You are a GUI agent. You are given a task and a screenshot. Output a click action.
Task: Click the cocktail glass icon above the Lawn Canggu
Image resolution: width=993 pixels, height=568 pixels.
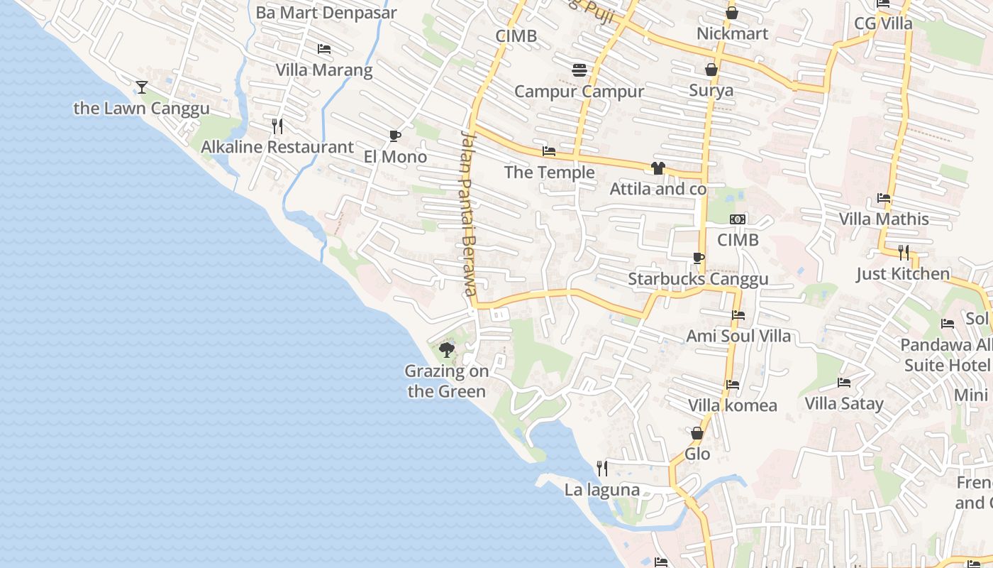pyautogui.click(x=142, y=87)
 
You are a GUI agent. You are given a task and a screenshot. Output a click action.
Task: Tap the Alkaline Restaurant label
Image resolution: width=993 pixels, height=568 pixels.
pyautogui.click(x=277, y=147)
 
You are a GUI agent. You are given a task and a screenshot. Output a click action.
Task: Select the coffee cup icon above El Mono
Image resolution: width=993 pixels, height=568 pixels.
pyautogui.click(x=395, y=136)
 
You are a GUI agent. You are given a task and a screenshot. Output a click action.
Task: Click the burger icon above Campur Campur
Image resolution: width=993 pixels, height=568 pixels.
pyautogui.click(x=579, y=70)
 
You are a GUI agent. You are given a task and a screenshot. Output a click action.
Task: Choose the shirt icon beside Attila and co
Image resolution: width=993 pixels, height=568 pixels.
pyautogui.click(x=658, y=168)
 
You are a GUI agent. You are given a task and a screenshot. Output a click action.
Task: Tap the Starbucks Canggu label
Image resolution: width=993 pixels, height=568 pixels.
pyautogui.click(x=698, y=279)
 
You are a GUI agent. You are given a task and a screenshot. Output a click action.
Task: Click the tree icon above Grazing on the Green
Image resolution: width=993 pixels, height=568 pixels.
pyautogui.click(x=446, y=349)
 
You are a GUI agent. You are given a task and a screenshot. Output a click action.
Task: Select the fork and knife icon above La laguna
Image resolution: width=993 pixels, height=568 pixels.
pyautogui.click(x=602, y=468)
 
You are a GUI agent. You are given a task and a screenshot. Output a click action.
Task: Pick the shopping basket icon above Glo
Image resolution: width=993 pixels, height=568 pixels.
pyautogui.click(x=697, y=432)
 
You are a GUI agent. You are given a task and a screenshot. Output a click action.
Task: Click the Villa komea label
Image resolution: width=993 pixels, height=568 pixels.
pyautogui.click(x=733, y=405)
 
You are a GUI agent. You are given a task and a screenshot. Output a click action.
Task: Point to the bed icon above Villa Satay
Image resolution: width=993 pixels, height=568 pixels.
pyautogui.click(x=844, y=382)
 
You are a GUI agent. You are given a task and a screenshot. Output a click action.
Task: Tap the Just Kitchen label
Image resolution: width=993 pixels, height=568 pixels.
pyautogui.click(x=903, y=273)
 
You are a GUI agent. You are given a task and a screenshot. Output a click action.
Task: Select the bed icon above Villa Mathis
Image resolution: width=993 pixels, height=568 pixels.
pyautogui.click(x=884, y=197)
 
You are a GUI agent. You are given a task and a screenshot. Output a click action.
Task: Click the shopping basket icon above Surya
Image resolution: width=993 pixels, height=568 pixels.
pyautogui.click(x=711, y=69)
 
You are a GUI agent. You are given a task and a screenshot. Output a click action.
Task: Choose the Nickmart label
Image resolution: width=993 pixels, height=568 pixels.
pyautogui.click(x=733, y=33)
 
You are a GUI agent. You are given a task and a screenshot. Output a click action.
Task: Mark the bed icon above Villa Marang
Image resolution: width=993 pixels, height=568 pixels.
pyautogui.click(x=324, y=48)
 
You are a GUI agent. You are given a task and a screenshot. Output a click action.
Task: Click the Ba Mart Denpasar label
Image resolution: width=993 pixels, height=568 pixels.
pyautogui.click(x=326, y=12)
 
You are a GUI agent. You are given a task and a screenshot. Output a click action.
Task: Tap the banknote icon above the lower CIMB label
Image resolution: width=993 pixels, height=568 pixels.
pyautogui.click(x=738, y=219)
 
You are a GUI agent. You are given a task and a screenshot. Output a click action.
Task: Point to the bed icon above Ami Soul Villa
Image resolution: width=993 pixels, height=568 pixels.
pyautogui.click(x=738, y=315)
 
